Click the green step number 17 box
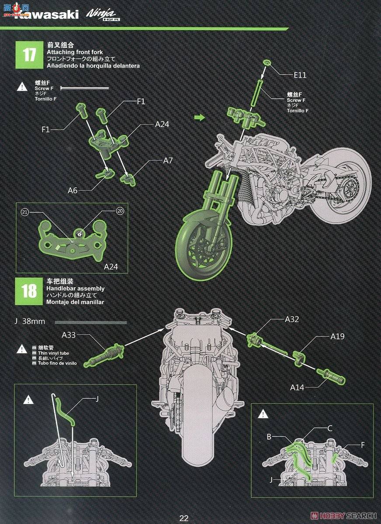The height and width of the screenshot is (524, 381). pos(29,55)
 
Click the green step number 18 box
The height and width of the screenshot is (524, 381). pos(29,291)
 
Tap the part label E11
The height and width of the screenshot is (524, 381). pos(300,75)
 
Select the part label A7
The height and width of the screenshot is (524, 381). pos(168,161)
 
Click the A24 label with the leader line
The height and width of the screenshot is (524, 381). pos(162,124)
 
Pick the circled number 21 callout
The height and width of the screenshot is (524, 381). pos(25,212)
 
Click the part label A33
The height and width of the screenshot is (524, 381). pos(69,335)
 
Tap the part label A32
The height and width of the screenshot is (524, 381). pos(292,319)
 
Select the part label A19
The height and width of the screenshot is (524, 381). pos(337,336)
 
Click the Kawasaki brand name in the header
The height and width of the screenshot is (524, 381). pos(46,15)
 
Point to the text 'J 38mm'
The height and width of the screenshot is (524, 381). pos(30,321)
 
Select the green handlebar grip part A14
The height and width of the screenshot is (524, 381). pos(331,377)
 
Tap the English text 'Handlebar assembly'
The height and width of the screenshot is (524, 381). pos(75,289)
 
